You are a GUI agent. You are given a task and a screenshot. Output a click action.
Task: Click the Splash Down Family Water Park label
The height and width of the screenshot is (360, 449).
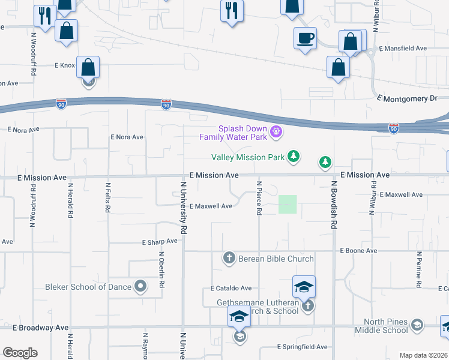tap(234, 133)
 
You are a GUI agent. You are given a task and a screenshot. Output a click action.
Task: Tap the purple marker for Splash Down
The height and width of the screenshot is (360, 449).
tap(276, 131)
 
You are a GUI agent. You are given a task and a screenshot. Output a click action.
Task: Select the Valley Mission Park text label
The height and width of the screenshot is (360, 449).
tap(247, 158)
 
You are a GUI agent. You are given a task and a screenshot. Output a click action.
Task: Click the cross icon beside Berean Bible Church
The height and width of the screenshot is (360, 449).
tap(229, 259)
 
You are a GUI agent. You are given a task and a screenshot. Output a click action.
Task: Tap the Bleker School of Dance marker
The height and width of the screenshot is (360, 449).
tap(140, 286)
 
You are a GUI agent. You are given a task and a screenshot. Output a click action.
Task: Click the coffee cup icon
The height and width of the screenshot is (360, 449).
tap(306, 38)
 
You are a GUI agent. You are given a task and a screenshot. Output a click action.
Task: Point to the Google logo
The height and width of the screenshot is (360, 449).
tap(20, 353)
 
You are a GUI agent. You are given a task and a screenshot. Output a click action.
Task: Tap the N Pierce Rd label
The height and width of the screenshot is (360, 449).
tap(259, 199)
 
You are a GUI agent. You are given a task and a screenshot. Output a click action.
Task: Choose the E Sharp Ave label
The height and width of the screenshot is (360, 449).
tap(160, 242)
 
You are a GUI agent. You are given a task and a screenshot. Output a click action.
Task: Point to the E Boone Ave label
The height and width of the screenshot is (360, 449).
tap(358, 250)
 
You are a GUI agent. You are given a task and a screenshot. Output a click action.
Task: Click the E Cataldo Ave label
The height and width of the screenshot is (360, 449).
tap(231, 288)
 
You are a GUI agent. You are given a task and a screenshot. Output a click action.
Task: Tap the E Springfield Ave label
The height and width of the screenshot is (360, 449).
tap(303, 347)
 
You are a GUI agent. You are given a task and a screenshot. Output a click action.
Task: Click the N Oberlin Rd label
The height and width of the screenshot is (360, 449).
tap(161, 270)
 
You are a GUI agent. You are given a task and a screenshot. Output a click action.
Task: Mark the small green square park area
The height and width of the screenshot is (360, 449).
tap(288, 205)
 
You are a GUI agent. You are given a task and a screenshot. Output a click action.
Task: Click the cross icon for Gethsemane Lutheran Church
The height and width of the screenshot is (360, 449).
tap(308, 306)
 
